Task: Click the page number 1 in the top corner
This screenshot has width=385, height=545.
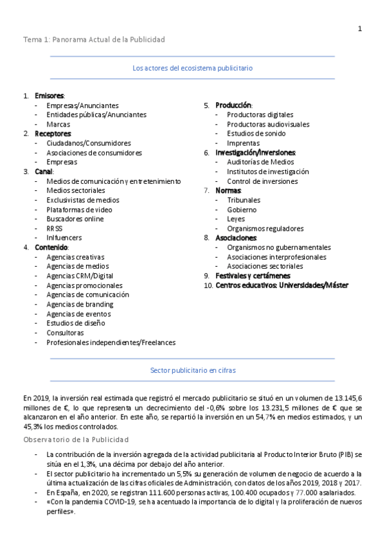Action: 360,28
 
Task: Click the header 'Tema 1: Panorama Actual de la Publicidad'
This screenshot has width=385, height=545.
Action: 94,40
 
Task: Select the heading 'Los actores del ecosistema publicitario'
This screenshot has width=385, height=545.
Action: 192,67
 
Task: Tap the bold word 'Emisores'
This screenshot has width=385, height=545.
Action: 49,96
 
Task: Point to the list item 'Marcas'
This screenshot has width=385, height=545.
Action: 58,124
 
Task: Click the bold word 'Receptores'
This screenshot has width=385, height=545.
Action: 53,134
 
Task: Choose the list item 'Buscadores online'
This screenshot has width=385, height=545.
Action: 75,219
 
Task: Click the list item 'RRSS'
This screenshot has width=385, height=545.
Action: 55,228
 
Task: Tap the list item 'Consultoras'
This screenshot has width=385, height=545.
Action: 65,333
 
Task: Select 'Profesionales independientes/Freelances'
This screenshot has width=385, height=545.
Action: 111,343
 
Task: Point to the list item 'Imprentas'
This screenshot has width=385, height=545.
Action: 244,143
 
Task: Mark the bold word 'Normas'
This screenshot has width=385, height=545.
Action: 228,191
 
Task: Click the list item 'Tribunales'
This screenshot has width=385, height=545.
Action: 244,201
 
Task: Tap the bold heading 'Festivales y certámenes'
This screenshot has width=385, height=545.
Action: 253,276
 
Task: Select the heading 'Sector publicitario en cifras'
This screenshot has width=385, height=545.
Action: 192,371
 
